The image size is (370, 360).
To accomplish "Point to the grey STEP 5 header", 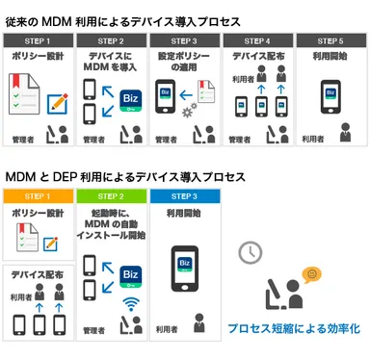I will (330, 40).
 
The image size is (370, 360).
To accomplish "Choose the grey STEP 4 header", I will (258, 40).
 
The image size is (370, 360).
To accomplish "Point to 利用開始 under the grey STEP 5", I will (330, 56).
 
